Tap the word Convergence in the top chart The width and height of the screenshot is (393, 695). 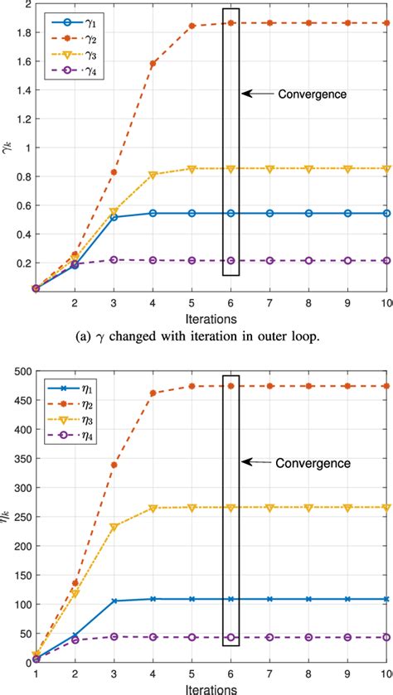point(312,94)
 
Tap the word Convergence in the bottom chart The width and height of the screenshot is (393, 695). point(312,462)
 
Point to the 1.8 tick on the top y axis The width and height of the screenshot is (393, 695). point(16,32)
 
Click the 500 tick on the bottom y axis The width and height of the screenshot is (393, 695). point(14,372)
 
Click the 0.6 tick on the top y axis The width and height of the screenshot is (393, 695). point(16,205)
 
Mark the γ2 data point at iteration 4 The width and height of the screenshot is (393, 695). point(153,64)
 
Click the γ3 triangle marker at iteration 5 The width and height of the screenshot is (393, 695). point(192,169)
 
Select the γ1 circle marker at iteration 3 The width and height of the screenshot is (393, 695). point(114,217)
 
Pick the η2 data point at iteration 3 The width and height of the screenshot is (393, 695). point(114,465)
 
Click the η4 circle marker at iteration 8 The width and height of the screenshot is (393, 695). point(309,637)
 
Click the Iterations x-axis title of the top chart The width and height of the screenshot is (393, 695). point(211,317)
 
